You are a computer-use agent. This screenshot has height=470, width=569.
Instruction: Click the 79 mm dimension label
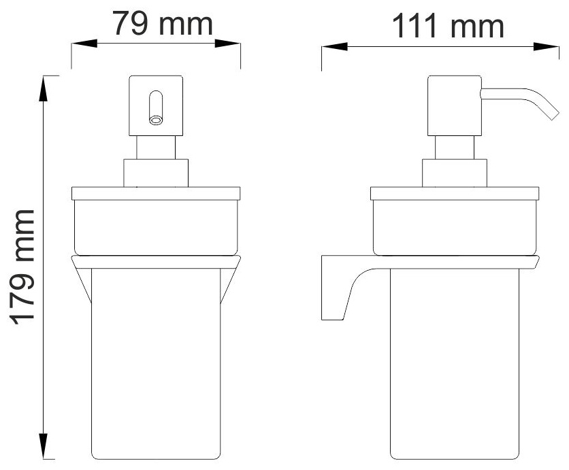click(x=162, y=24)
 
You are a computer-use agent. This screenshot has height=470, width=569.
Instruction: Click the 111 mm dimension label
click(x=448, y=26)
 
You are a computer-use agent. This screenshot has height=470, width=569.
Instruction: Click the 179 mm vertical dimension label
click(x=22, y=267)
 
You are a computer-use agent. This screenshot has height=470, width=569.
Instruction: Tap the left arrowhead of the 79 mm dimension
click(x=84, y=43)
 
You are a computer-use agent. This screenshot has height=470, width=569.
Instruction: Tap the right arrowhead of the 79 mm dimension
click(x=227, y=43)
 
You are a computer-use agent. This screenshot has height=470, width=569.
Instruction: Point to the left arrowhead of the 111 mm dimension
click(x=334, y=46)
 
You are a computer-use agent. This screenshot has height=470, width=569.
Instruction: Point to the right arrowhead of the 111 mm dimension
click(x=546, y=46)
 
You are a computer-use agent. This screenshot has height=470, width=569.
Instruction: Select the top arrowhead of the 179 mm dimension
click(x=43, y=89)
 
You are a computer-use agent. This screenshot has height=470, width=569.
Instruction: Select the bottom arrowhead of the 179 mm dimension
click(x=43, y=446)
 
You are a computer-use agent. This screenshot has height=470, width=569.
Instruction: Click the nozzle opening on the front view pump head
click(x=156, y=120)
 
